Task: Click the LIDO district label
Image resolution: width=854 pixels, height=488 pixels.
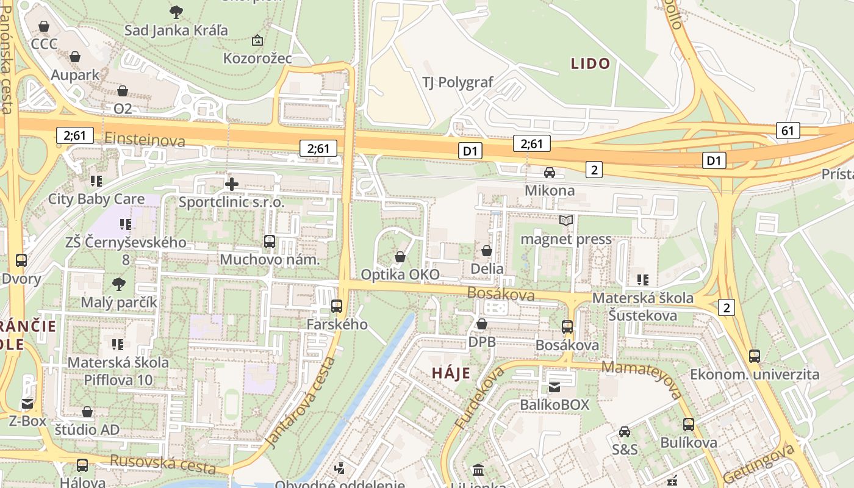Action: tap(590, 63)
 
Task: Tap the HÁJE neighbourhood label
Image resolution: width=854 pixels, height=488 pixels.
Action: tap(451, 373)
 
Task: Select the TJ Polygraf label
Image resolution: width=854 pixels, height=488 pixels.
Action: tap(457, 82)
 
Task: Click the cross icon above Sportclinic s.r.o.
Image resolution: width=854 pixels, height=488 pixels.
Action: tap(232, 184)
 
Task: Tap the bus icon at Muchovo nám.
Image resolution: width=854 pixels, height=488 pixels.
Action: tap(270, 242)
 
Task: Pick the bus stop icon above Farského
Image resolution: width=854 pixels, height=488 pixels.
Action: tap(336, 306)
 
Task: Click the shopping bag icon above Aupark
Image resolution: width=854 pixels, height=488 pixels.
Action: tap(75, 57)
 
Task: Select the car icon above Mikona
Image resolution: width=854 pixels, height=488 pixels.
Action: tap(550, 173)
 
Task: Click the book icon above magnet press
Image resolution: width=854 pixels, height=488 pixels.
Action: tap(566, 221)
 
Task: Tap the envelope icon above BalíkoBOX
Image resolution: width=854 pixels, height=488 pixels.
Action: tap(554, 387)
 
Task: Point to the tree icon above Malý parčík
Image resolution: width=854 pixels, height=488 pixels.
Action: tap(119, 284)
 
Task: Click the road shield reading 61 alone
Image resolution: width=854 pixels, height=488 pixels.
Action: tap(788, 130)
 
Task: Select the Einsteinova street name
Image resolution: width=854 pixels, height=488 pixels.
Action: tap(145, 140)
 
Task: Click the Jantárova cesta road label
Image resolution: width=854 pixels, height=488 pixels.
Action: tap(302, 403)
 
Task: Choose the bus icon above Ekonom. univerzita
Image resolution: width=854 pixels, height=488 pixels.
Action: tap(755, 356)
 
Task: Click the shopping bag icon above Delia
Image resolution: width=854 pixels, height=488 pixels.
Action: tap(487, 251)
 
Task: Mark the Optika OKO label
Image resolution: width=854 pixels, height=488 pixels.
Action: tap(400, 274)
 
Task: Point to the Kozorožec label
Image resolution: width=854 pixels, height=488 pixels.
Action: tap(257, 59)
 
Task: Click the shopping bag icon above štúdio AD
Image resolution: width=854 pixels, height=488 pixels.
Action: tap(87, 412)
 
